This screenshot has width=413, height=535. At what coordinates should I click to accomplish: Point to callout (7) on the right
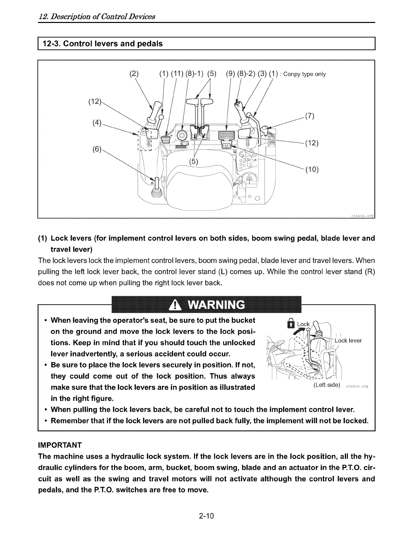point(309,117)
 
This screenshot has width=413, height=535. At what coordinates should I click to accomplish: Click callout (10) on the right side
point(312,170)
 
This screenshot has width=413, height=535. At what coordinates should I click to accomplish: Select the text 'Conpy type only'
point(305,74)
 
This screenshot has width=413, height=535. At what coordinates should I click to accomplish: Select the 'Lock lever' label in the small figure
point(348,340)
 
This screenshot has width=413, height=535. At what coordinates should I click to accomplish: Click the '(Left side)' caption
point(326,385)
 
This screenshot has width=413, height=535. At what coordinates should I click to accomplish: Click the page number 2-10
point(206,516)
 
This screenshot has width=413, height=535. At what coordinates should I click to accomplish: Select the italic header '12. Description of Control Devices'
point(97,16)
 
